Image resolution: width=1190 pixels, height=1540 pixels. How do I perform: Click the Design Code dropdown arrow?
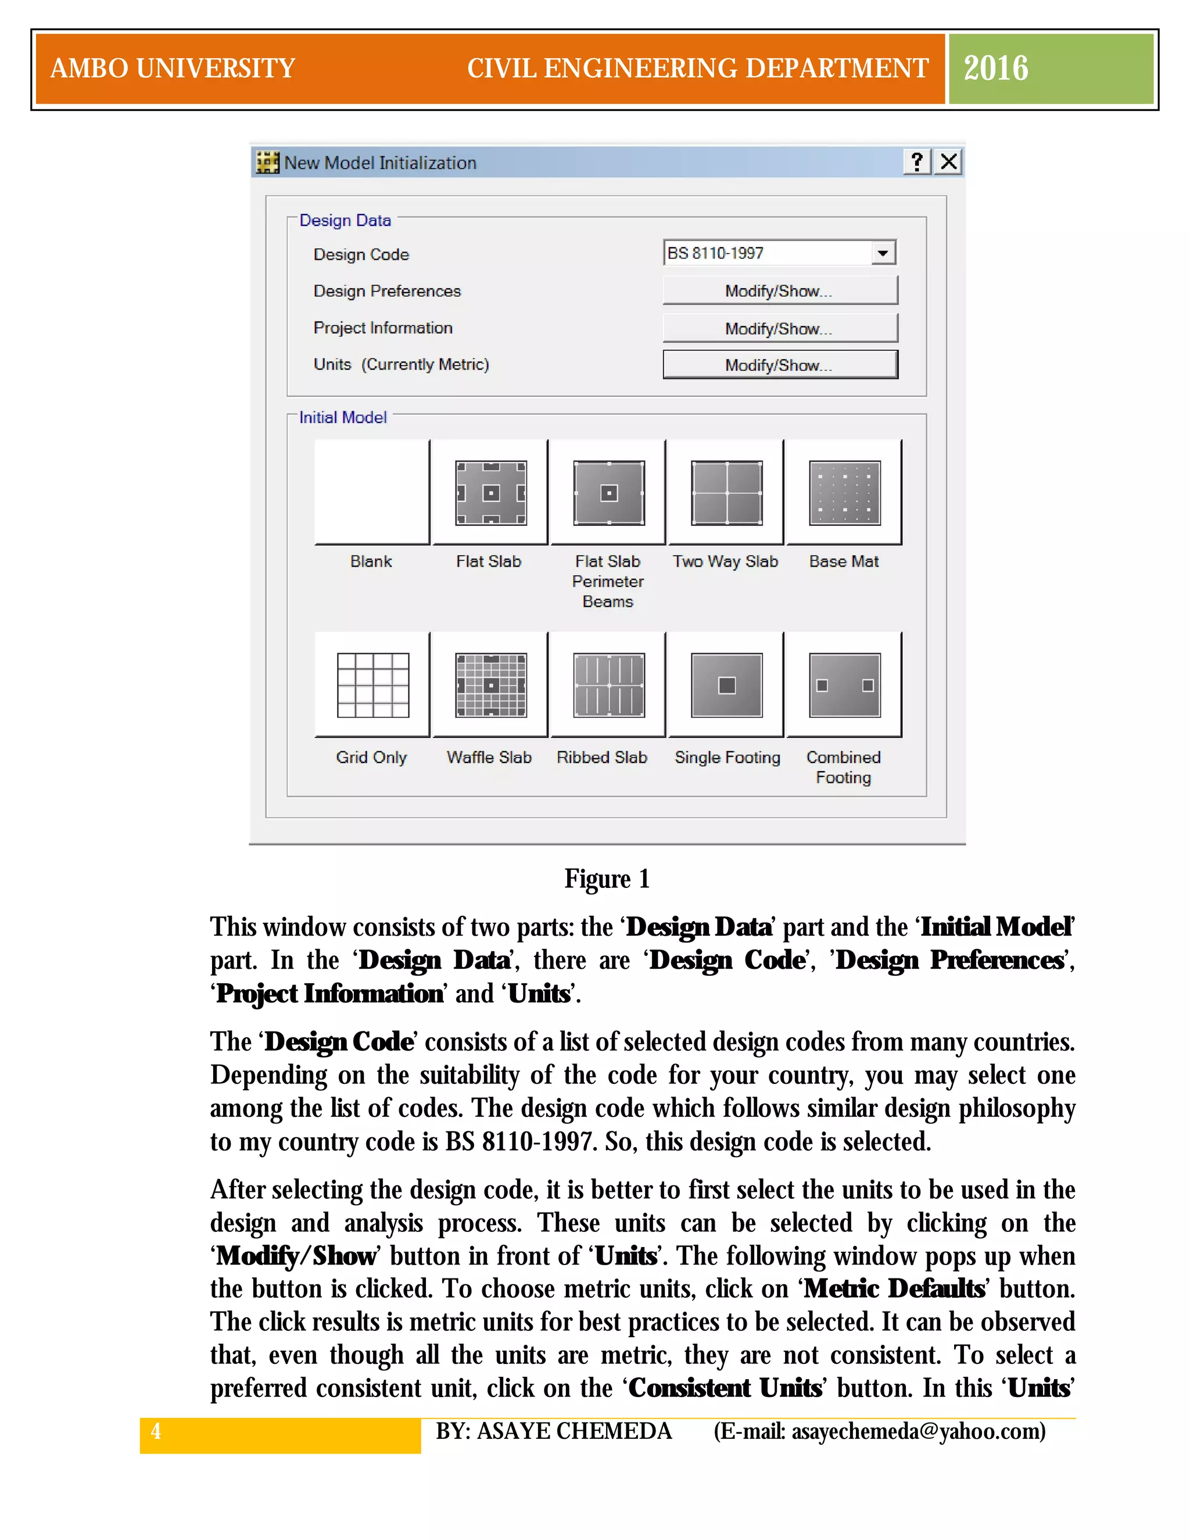(x=882, y=252)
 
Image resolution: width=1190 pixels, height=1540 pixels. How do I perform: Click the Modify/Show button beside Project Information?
(x=780, y=328)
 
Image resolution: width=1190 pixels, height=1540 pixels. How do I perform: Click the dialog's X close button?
(x=949, y=162)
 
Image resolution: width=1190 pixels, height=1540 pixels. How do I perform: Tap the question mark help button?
(x=916, y=162)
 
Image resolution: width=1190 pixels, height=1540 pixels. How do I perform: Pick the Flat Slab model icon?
(x=490, y=493)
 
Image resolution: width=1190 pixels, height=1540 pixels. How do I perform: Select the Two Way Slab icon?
(x=726, y=493)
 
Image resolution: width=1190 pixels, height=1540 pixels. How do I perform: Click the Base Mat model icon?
(x=844, y=493)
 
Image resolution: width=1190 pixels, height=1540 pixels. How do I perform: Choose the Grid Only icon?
(x=372, y=685)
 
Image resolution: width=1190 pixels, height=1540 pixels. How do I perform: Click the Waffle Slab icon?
(x=490, y=685)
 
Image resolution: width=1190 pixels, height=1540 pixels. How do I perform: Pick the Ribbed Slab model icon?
(x=608, y=685)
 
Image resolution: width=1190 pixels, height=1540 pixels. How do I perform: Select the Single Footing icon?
(x=726, y=685)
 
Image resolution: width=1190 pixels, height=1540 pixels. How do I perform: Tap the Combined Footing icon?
(x=844, y=685)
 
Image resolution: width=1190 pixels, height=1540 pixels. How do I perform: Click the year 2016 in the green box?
(x=995, y=69)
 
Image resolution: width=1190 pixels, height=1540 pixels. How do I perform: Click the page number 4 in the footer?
(x=156, y=1431)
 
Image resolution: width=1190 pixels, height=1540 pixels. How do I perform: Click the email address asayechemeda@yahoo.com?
(x=918, y=1431)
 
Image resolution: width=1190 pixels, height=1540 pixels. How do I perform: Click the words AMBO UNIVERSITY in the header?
(x=173, y=69)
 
